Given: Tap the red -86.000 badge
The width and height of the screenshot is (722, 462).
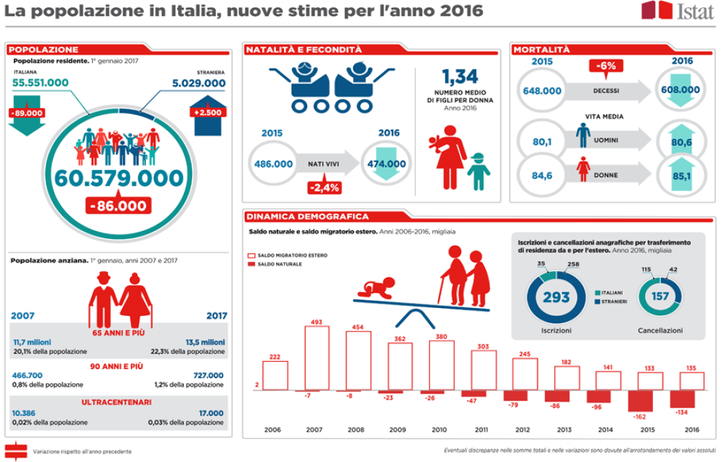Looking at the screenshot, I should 117,206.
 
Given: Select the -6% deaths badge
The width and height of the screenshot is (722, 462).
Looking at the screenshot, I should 606,66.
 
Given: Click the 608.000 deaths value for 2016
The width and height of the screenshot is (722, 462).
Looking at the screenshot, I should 680,91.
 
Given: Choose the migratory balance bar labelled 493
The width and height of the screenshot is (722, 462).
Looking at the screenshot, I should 317,357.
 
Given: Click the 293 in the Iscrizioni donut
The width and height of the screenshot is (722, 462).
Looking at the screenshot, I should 556,297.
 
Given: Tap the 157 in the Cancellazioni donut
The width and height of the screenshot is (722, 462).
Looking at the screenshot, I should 660,297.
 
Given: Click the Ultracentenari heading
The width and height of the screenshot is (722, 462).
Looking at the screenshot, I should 118,402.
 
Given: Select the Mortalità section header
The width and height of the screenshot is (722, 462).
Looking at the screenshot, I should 542,49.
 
